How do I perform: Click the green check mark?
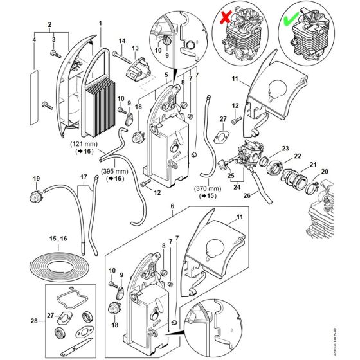tap(291, 21)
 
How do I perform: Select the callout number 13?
tap(135, 48)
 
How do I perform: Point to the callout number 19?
tap(36, 178)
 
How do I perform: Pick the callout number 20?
tap(324, 172)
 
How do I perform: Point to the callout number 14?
tap(121, 41)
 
